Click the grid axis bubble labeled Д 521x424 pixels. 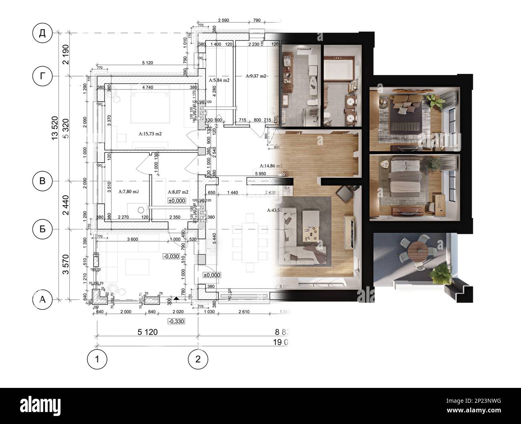(42, 33)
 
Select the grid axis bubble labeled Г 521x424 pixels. (42, 76)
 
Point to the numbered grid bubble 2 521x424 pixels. (198, 359)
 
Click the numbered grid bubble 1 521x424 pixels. (97, 359)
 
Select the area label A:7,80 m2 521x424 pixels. (129, 192)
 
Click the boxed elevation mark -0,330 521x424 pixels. (176, 321)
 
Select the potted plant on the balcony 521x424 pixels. (439, 273)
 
